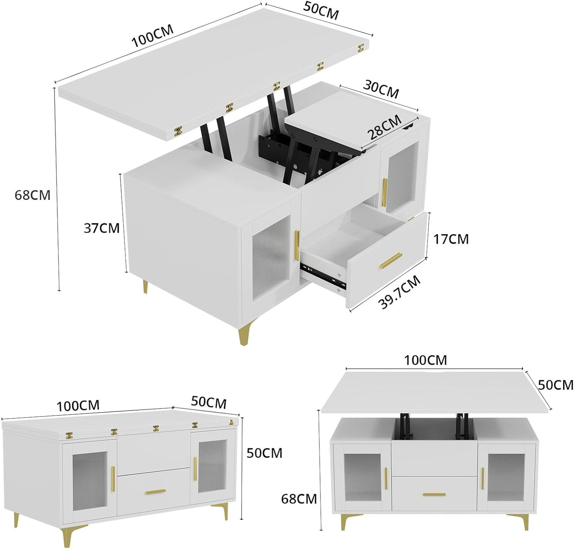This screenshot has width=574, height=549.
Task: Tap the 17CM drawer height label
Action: (x=451, y=239)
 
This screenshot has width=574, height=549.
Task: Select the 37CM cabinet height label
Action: (x=101, y=228)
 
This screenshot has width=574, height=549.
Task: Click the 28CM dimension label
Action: (x=385, y=128)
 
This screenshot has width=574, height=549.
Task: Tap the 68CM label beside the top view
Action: (x=33, y=195)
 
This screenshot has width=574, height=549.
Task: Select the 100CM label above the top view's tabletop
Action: (x=152, y=36)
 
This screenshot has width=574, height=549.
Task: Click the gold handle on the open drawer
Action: (x=390, y=261)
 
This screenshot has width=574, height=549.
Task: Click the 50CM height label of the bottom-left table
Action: (x=264, y=453)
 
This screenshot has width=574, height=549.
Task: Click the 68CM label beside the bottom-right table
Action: (x=299, y=499)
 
